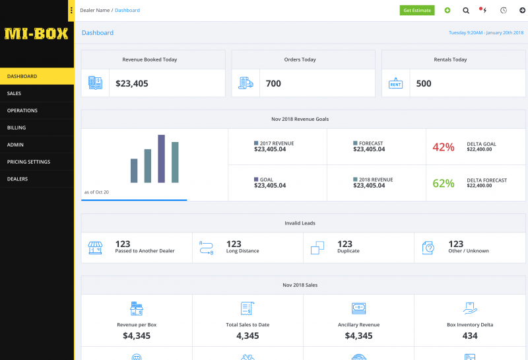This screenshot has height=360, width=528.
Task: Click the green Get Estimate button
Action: (x=417, y=10)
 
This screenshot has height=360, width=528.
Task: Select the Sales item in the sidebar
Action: (x=14, y=93)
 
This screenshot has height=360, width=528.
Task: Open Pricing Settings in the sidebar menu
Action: (x=28, y=162)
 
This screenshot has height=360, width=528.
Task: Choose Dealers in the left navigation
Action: (x=18, y=179)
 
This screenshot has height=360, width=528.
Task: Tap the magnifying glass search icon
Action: (x=466, y=11)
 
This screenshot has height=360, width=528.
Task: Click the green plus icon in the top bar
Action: (x=447, y=10)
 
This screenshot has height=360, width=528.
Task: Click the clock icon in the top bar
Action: (x=504, y=10)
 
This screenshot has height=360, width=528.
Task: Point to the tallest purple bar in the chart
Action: (x=161, y=159)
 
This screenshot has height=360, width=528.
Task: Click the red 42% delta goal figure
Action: (x=444, y=147)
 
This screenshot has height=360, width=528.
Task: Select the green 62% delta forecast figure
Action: (x=444, y=184)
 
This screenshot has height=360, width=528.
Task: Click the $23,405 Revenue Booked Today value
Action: (x=131, y=84)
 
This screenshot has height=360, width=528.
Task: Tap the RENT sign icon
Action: (x=395, y=83)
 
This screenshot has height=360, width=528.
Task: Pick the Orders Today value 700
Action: (x=273, y=84)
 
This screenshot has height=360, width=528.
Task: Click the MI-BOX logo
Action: (x=36, y=34)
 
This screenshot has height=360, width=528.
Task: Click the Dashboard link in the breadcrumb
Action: (x=127, y=11)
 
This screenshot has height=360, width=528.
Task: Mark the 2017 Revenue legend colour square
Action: (x=256, y=143)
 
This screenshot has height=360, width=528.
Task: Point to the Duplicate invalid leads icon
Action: (x=317, y=248)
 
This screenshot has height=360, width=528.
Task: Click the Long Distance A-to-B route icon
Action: (x=207, y=248)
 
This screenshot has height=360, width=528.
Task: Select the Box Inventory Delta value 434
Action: (x=470, y=336)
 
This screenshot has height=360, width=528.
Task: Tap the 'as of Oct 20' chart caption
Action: (x=96, y=192)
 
